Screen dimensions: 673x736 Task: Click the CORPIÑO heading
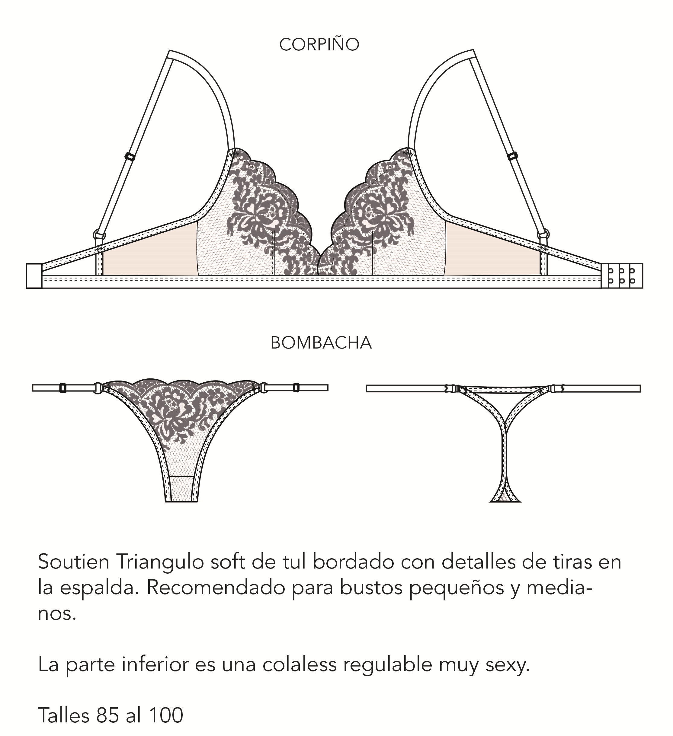pyautogui.click(x=319, y=45)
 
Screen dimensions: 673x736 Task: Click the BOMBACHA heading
pyautogui.click(x=321, y=343)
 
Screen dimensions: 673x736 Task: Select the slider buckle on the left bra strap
pyautogui.click(x=130, y=157)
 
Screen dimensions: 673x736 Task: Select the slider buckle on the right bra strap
pyautogui.click(x=513, y=156)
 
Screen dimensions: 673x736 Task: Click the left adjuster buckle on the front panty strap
pyautogui.click(x=62, y=388)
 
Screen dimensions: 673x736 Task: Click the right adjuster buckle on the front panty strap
pyautogui.click(x=296, y=388)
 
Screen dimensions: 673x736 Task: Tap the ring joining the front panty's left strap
pyautogui.click(x=98, y=388)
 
